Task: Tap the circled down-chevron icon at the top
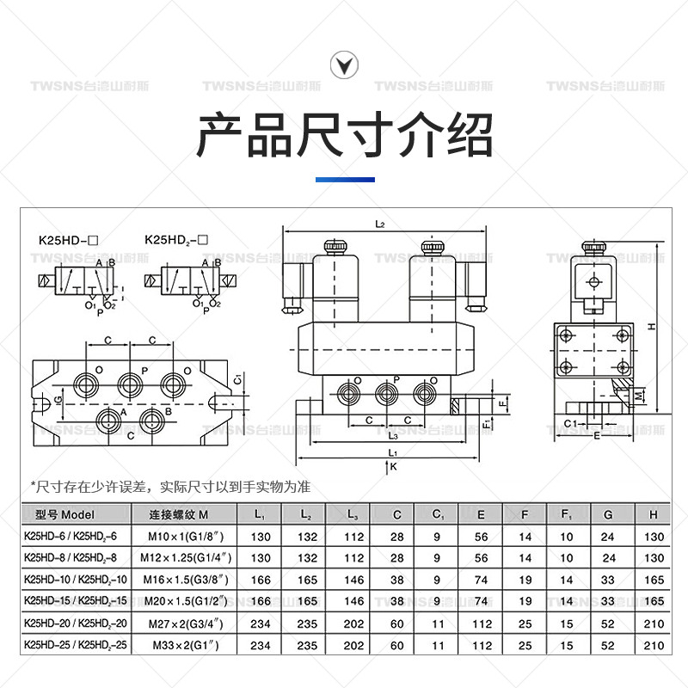(x=344, y=64)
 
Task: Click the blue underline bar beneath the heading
(x=344, y=180)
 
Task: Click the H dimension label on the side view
(x=652, y=327)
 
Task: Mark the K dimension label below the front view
(x=391, y=467)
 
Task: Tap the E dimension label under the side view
(x=597, y=436)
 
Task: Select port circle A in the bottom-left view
(x=109, y=421)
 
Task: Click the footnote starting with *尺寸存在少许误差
(x=169, y=487)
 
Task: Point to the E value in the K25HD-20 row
(x=482, y=622)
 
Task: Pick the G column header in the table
(x=608, y=515)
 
